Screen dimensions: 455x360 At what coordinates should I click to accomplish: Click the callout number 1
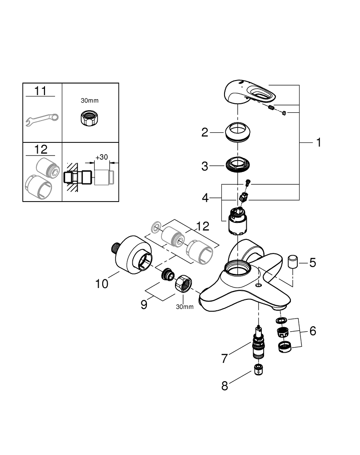pyautogui.click(x=319, y=142)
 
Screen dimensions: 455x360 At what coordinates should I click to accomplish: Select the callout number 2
pyautogui.click(x=205, y=132)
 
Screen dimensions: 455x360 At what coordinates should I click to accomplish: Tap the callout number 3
pyautogui.click(x=205, y=166)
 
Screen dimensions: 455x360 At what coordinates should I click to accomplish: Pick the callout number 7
pyautogui.click(x=224, y=359)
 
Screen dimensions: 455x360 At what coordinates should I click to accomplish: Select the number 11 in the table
pyautogui.click(x=40, y=91)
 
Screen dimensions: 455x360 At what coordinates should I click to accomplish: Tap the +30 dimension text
pyautogui.click(x=101, y=157)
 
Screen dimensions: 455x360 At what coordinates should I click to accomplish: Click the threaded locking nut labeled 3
pyautogui.click(x=238, y=165)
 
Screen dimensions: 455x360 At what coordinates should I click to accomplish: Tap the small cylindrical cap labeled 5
pyautogui.click(x=292, y=263)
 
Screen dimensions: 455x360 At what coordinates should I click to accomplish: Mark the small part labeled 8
pyautogui.click(x=258, y=369)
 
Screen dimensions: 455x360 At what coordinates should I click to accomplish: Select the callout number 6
pyautogui.click(x=312, y=331)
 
